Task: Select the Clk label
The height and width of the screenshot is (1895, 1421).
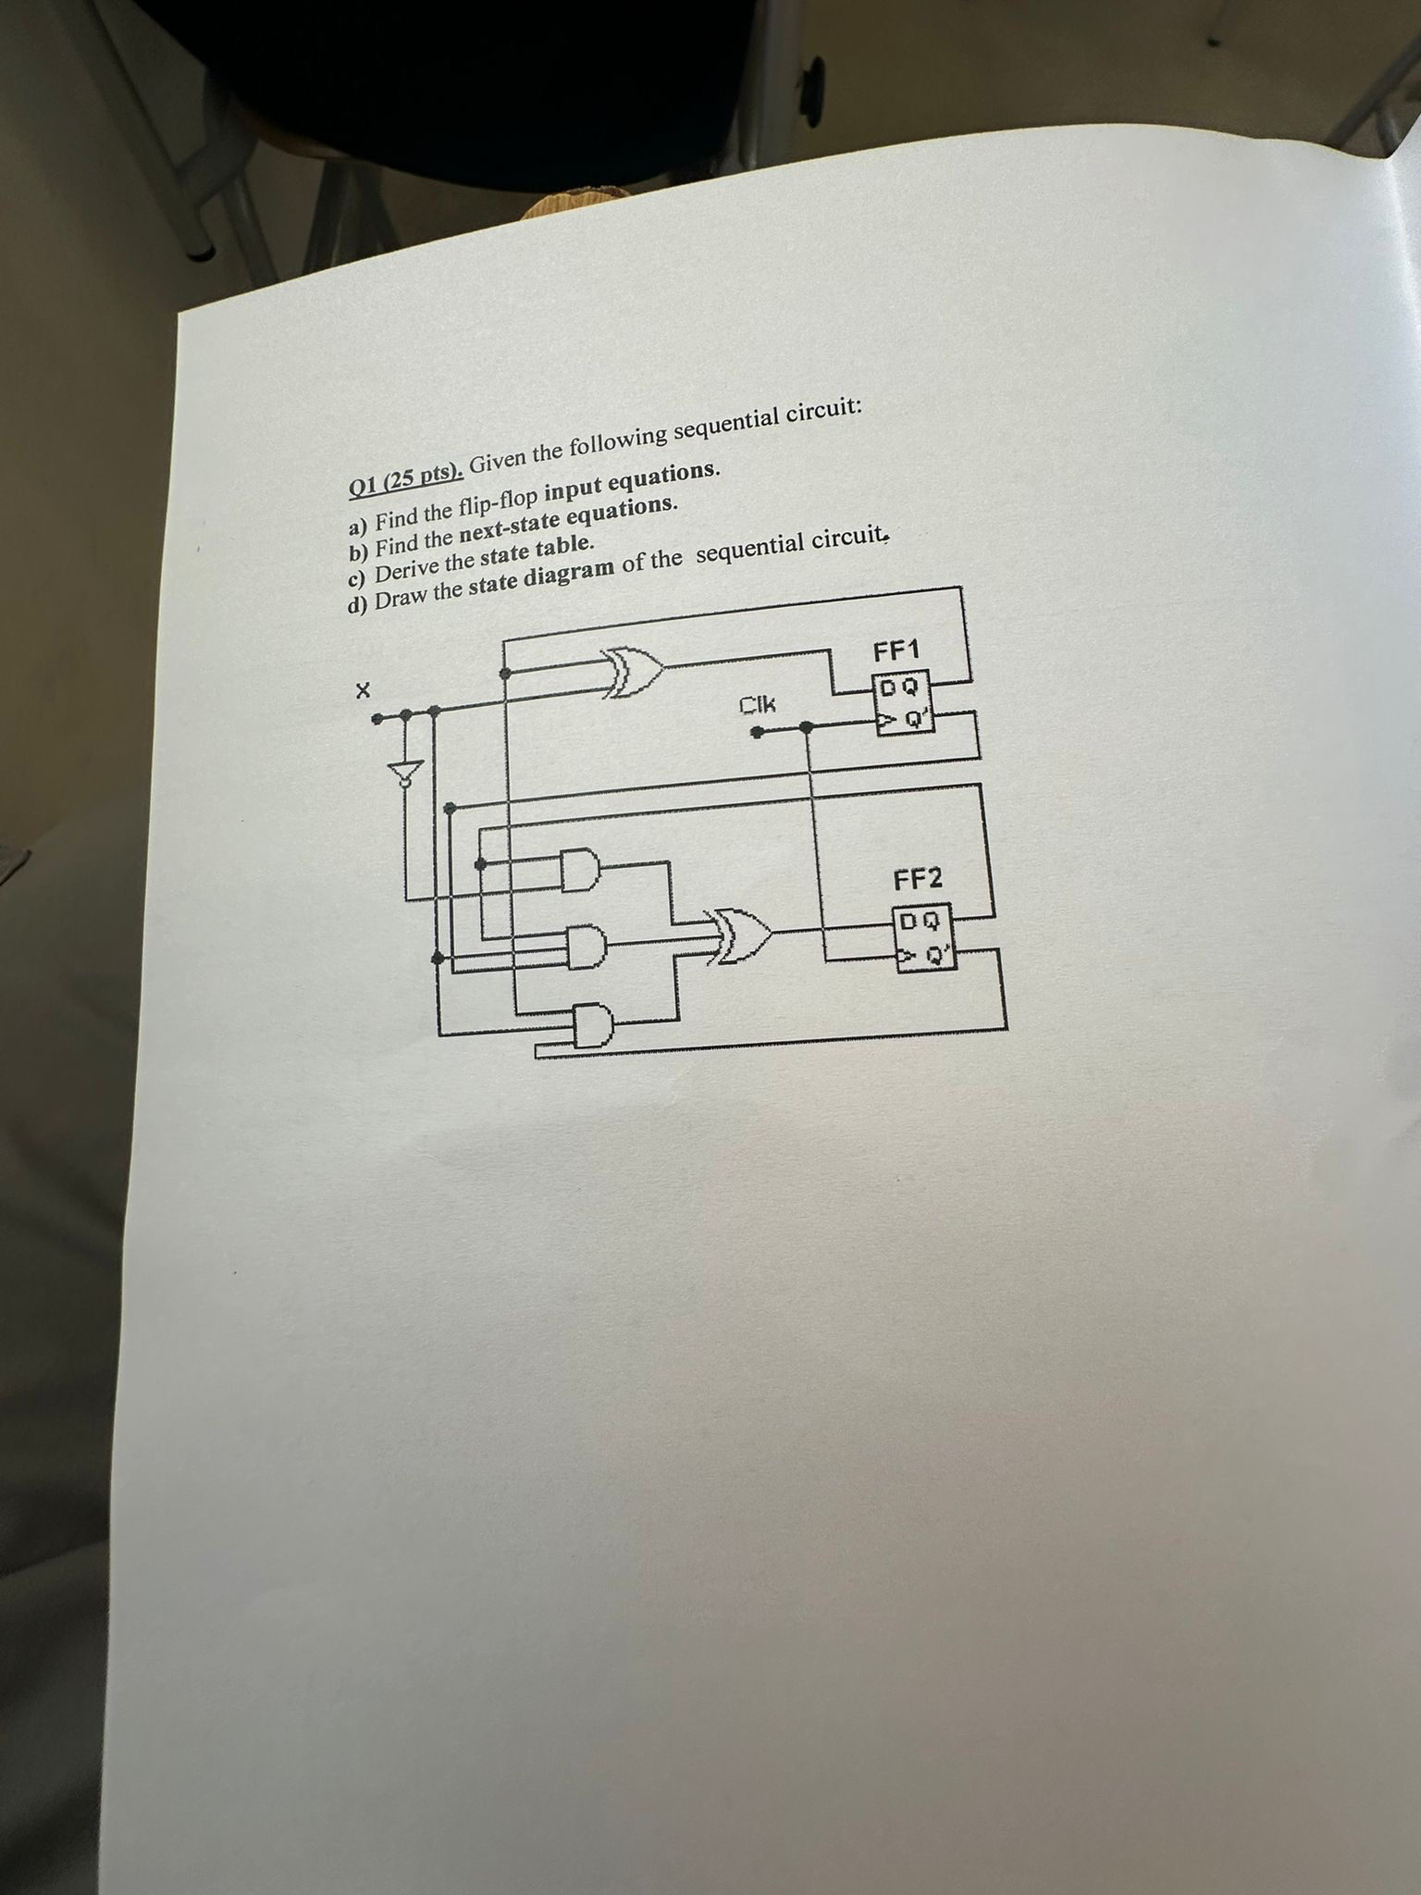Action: click(758, 706)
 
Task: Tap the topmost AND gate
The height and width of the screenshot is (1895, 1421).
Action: click(580, 869)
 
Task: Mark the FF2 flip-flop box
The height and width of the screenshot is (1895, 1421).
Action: click(921, 938)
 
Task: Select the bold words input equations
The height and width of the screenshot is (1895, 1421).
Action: click(637, 481)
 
